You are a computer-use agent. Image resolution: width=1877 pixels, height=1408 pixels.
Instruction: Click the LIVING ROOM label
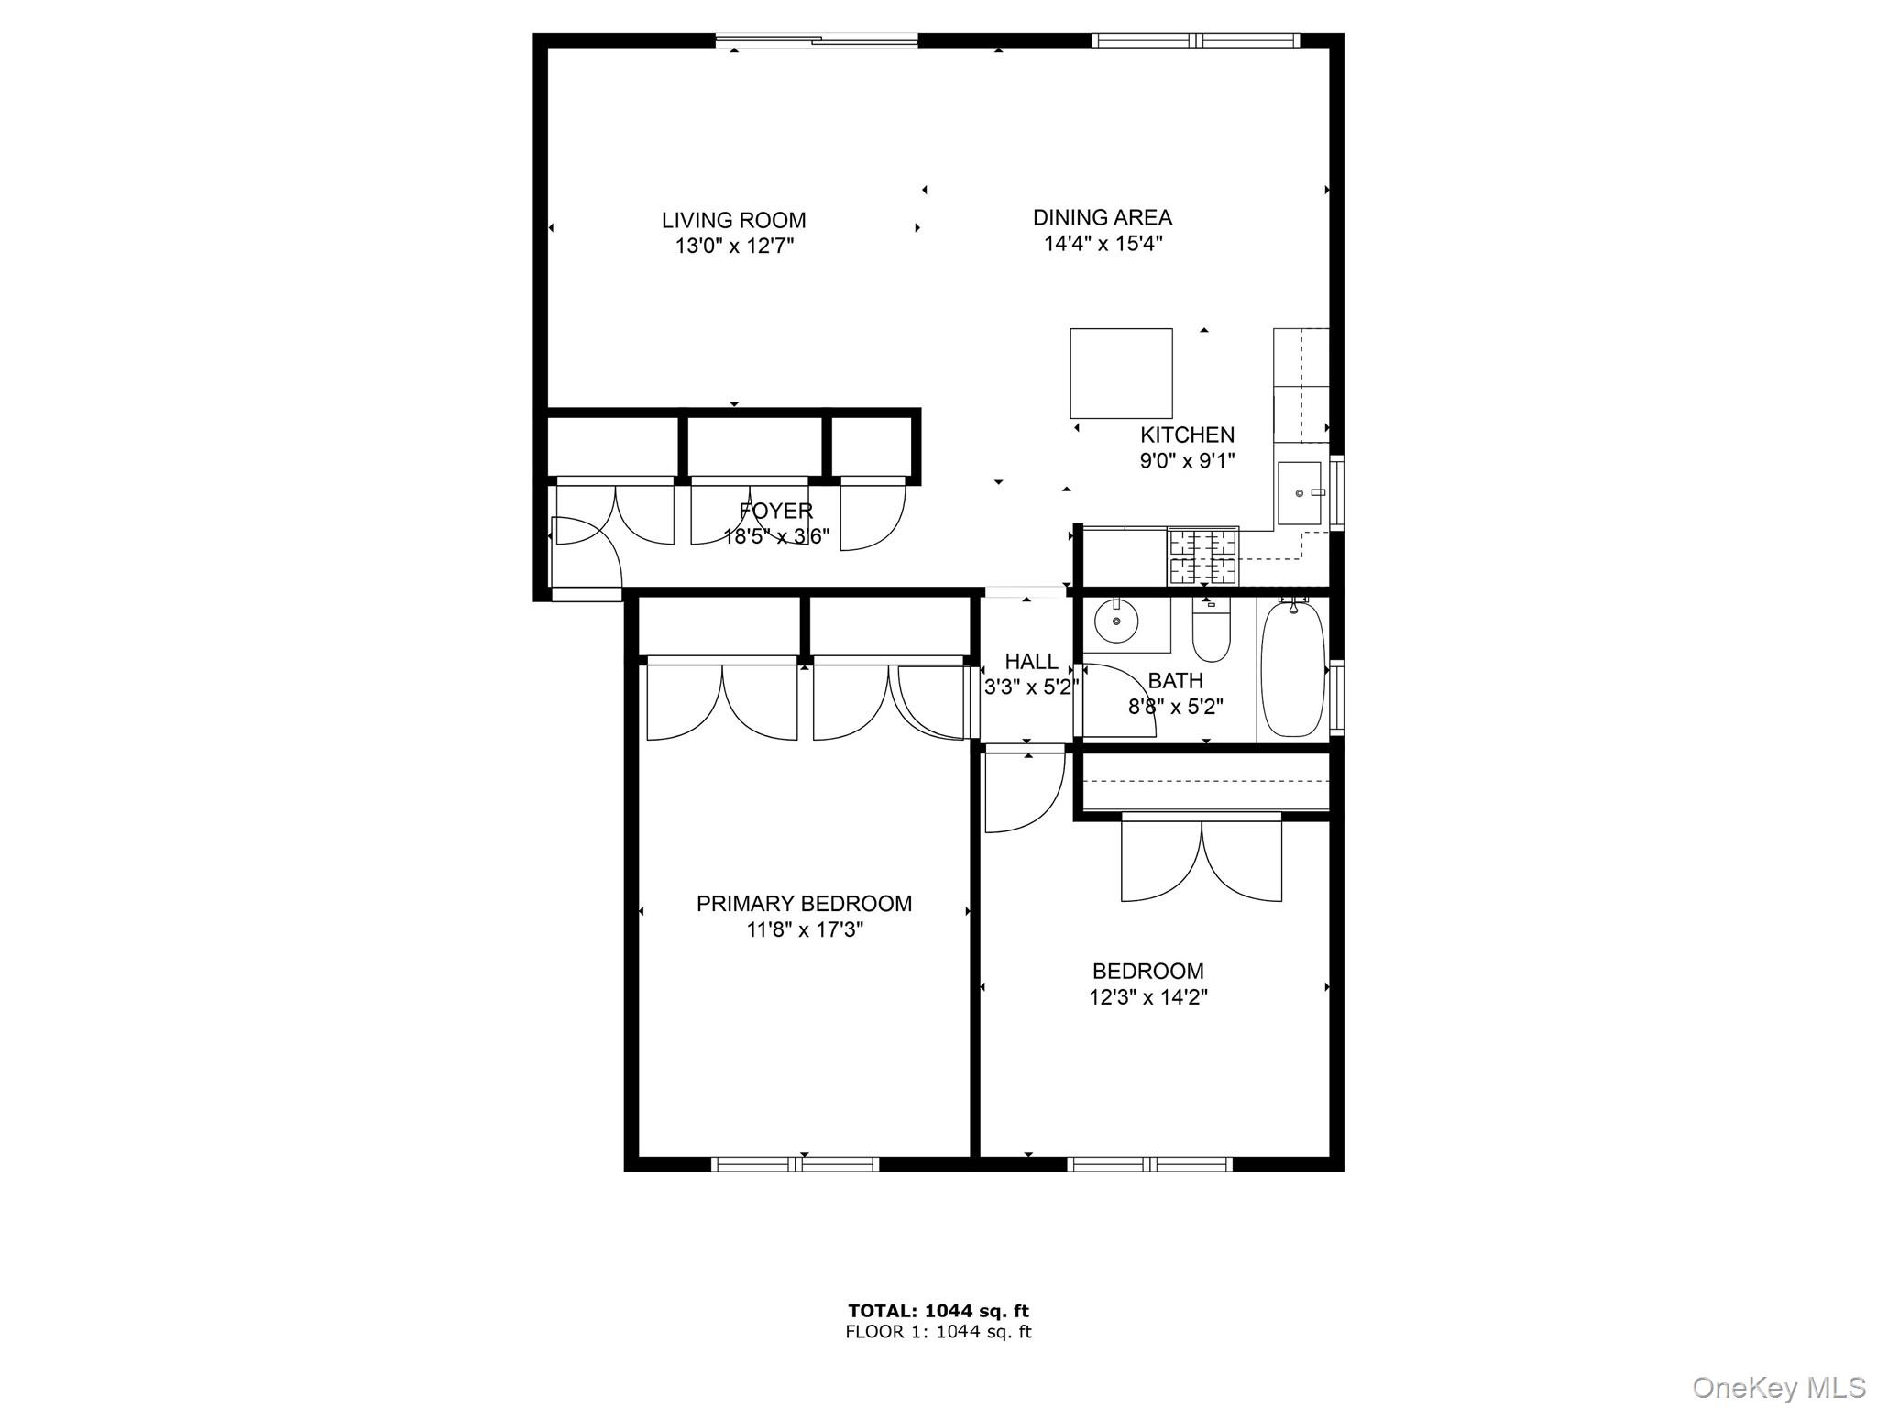[733, 220]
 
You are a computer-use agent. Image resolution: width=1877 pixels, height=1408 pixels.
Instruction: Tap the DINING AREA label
[1102, 217]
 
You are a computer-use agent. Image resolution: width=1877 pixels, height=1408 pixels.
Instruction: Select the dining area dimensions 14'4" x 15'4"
[1103, 244]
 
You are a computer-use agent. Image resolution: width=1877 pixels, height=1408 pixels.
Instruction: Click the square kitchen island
[1121, 373]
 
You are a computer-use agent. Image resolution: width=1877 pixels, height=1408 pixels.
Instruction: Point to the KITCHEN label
[1187, 434]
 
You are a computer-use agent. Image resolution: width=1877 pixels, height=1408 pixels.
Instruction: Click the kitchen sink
[1299, 493]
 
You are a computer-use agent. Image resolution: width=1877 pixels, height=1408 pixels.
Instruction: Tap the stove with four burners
[1202, 556]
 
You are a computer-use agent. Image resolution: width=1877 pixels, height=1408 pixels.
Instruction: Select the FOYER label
[775, 511]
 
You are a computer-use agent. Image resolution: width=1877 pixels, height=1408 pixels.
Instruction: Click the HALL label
[1031, 661]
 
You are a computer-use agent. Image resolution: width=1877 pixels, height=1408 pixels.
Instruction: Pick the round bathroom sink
[1117, 621]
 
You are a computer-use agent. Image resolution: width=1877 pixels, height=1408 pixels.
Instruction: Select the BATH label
[1175, 681]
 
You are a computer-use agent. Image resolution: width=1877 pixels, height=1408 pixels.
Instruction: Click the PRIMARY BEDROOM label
[804, 904]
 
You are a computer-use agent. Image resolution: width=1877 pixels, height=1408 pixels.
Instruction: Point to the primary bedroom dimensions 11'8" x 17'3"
[805, 930]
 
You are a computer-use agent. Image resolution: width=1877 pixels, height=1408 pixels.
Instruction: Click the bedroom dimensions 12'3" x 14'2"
[1147, 997]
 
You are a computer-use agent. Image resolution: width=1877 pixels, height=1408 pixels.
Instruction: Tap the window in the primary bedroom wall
[795, 1164]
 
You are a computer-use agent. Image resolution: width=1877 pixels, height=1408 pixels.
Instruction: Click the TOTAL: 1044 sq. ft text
[938, 1311]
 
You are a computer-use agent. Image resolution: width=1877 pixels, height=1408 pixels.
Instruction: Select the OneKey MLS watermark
[1778, 1387]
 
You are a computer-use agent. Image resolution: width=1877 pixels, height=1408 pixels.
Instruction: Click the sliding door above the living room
[816, 39]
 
